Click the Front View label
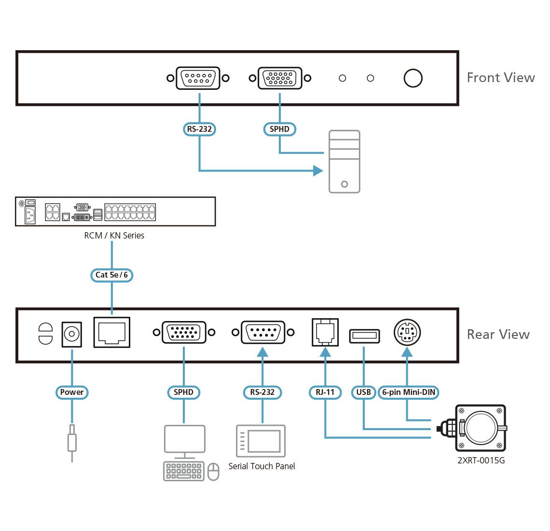[x=500, y=78]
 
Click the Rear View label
[x=498, y=335]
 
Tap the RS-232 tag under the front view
[x=199, y=129]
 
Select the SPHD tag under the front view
[x=279, y=129]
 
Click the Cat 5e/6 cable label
[x=111, y=275]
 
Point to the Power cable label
[x=72, y=392]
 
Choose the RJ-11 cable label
[x=325, y=392]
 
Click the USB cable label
[x=363, y=392]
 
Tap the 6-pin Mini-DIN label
[x=408, y=392]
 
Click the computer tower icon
[x=344, y=162]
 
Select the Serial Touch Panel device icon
[x=261, y=441]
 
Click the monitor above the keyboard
[x=184, y=440]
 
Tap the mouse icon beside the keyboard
[x=213, y=472]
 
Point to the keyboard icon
[x=183, y=471]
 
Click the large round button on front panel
[x=413, y=78]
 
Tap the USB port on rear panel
[x=364, y=335]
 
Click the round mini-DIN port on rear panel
[x=407, y=333]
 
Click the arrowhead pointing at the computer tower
[x=318, y=170]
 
